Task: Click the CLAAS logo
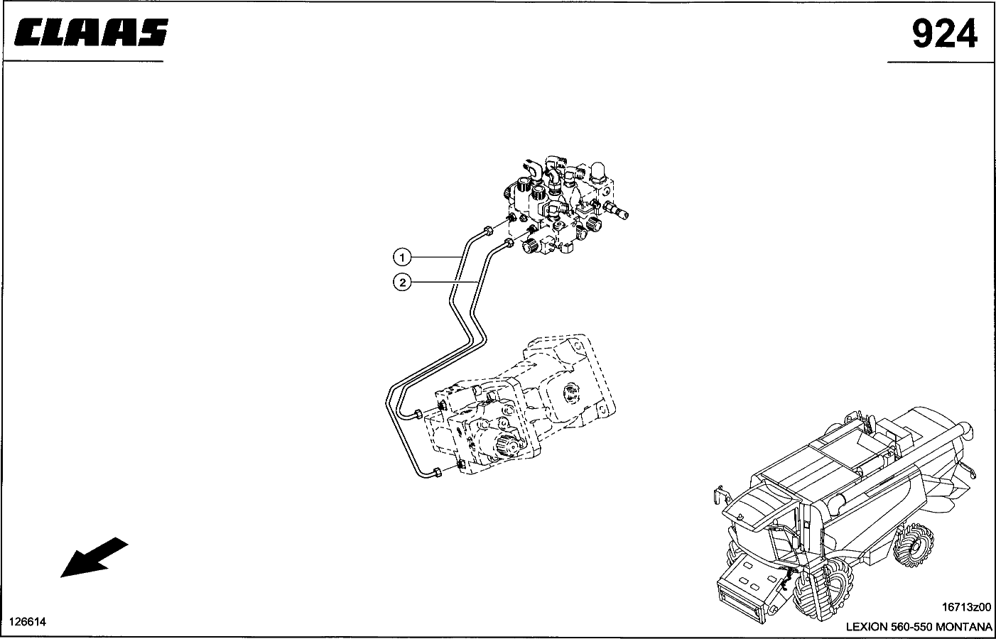pos(91,33)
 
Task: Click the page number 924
pos(944,33)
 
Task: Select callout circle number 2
pos(401,283)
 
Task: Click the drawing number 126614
pos(28,622)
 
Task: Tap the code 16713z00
pos(965,608)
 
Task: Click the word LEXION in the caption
pos(866,627)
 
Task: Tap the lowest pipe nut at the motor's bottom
pos(437,474)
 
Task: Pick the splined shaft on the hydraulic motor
pos(506,447)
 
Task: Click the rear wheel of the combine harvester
pos(918,544)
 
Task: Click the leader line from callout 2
pos(440,283)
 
